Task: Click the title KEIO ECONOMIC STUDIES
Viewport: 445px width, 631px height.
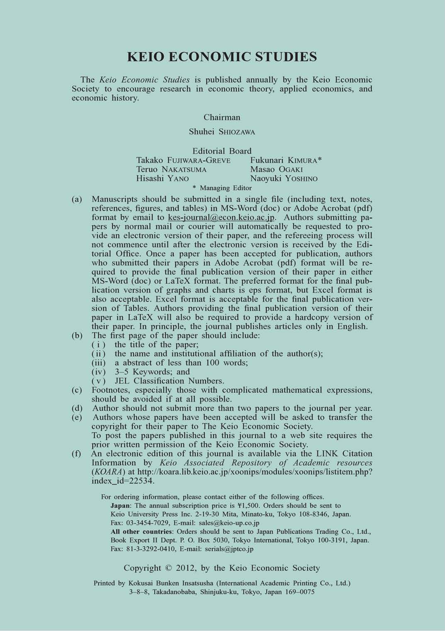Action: [222, 56]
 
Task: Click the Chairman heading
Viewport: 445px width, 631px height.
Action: [222, 118]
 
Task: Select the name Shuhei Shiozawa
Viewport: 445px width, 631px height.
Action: [222, 132]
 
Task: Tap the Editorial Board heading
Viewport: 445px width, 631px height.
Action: [222, 151]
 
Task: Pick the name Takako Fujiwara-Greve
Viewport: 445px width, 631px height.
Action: [183, 160]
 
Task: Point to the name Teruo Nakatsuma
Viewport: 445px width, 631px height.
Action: [171, 169]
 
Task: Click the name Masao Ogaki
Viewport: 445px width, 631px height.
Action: [277, 169]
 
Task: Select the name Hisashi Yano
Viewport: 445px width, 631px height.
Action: [163, 179]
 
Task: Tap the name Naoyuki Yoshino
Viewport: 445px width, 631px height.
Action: [284, 179]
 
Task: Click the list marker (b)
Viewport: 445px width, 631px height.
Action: [77, 336]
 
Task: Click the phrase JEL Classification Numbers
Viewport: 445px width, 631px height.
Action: [170, 381]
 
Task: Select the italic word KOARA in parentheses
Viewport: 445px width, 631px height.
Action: [108, 472]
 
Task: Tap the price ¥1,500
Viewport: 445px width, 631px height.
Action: [249, 506]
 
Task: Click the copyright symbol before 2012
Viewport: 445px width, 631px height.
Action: [168, 568]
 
